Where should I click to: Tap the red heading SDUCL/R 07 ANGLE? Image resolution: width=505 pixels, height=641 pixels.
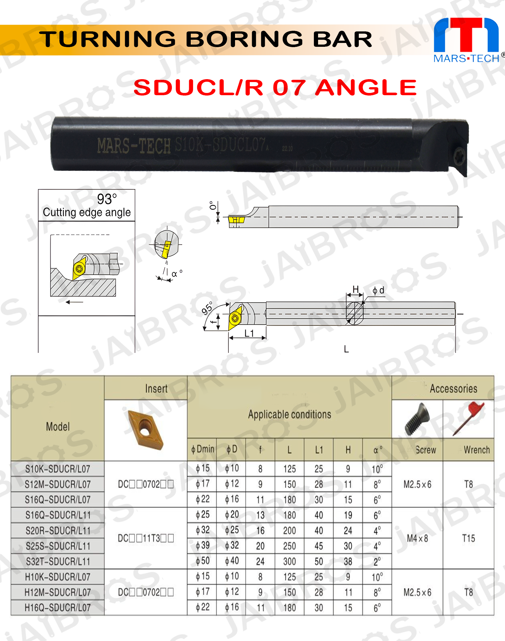(x=275, y=87)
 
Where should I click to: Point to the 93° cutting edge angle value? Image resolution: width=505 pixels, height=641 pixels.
(x=107, y=199)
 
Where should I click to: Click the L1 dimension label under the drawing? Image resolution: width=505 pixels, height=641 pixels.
(x=249, y=333)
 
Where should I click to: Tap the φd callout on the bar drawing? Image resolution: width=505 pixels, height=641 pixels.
(x=378, y=291)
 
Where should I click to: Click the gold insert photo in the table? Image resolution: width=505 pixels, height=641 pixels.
(x=145, y=429)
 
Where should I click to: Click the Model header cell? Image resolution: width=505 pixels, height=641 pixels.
(x=58, y=427)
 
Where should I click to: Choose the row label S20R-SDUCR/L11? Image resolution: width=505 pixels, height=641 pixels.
(x=58, y=531)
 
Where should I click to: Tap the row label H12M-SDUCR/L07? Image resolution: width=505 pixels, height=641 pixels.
(x=58, y=592)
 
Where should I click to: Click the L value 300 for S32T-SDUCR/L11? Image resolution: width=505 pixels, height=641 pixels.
(x=289, y=561)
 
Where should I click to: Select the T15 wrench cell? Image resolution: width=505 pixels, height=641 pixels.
(x=468, y=538)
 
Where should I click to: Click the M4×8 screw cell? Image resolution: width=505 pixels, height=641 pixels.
(x=417, y=538)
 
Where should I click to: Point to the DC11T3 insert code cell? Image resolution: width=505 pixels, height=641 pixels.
(x=146, y=538)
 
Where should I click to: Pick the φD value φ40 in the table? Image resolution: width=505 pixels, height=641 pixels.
(x=232, y=561)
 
